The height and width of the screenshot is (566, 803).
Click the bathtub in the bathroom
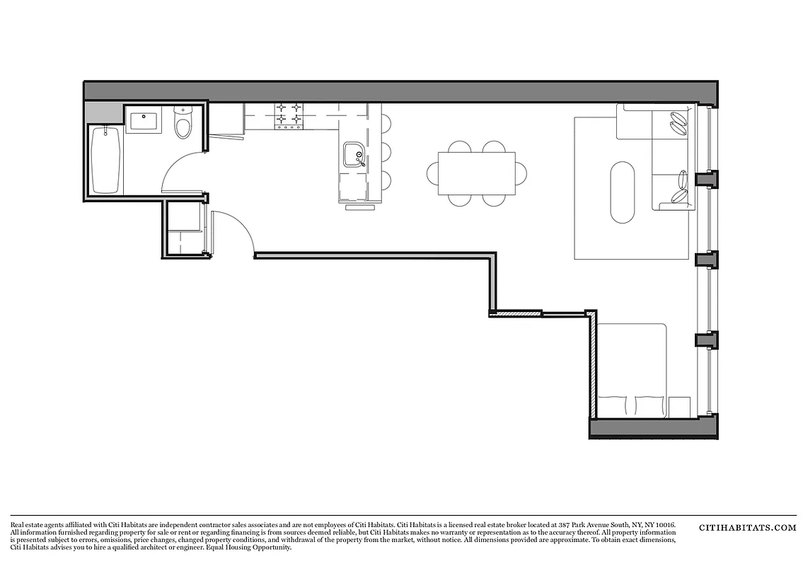pyautogui.click(x=106, y=159)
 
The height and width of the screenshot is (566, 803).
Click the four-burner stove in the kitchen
pyautogui.click(x=289, y=117)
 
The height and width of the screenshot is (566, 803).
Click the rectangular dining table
pyautogui.click(x=476, y=174)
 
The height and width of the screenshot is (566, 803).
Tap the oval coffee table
pyautogui.click(x=622, y=192)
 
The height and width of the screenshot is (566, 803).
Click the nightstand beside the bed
pyautogui.click(x=679, y=406)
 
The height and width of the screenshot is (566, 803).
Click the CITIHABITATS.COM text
pyautogui.click(x=748, y=528)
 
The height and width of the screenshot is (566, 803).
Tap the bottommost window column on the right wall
pyautogui.click(x=706, y=340)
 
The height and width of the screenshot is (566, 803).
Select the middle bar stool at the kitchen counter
pyautogui.click(x=386, y=151)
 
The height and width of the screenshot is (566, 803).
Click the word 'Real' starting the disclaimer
pyautogui.click(x=18, y=524)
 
